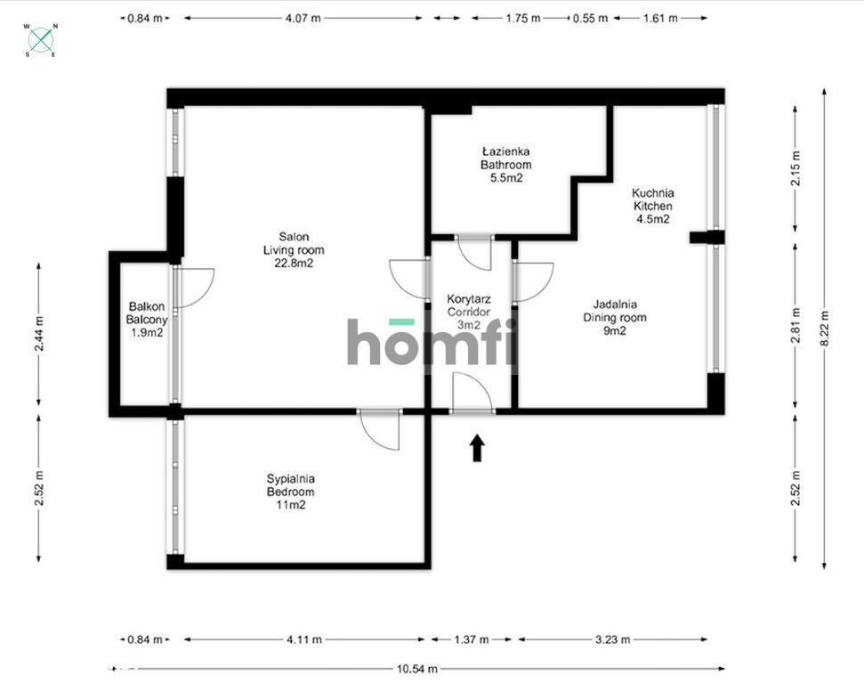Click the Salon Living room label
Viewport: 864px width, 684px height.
pyautogui.click(x=294, y=250)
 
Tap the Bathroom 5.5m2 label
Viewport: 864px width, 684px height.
pyautogui.click(x=505, y=165)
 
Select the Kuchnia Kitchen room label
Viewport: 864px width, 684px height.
pyautogui.click(x=653, y=206)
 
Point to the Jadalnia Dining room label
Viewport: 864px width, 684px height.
pyautogui.click(x=615, y=317)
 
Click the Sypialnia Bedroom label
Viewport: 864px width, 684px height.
pyautogui.click(x=290, y=492)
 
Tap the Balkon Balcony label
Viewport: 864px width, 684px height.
pyautogui.click(x=147, y=320)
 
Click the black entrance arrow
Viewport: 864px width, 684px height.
pyautogui.click(x=477, y=448)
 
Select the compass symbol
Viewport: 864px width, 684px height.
pyautogui.click(x=41, y=40)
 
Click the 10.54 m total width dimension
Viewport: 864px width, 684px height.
pyautogui.click(x=417, y=669)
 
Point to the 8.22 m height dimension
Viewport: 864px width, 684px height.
pyautogui.click(x=824, y=329)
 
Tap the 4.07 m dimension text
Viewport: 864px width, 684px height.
pyautogui.click(x=303, y=18)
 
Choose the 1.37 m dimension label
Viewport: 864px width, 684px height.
pyautogui.click(x=471, y=639)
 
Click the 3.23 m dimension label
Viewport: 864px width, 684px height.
pyautogui.click(x=613, y=639)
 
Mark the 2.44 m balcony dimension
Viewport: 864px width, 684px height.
pyautogui.click(x=38, y=334)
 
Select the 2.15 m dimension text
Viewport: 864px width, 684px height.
pyautogui.click(x=795, y=167)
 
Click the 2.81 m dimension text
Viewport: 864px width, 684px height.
pyautogui.click(x=795, y=325)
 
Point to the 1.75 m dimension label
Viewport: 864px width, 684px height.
pyautogui.click(x=523, y=18)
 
